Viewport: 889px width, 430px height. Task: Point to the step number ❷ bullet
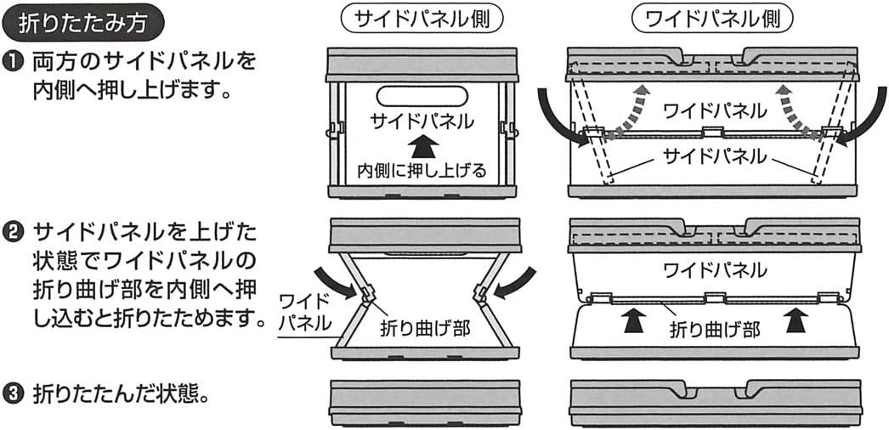[x=14, y=230]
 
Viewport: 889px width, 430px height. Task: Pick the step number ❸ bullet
[x=14, y=395]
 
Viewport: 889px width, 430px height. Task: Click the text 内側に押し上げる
[x=422, y=170]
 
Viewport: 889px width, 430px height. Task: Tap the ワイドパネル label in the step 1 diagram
[x=713, y=110]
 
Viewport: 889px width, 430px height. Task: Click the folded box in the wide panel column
[x=713, y=404]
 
